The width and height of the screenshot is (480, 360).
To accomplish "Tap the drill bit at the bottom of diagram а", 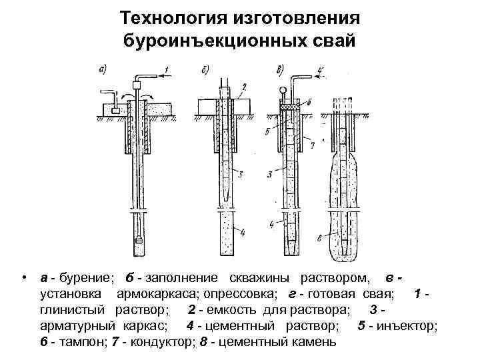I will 139,239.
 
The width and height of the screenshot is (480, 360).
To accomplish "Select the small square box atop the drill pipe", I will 137,84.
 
